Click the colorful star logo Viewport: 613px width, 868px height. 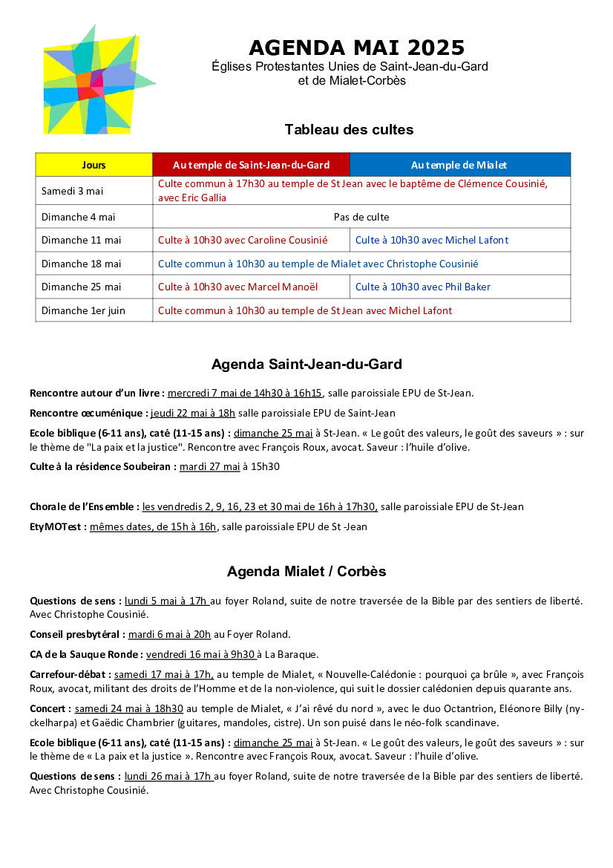(95, 80)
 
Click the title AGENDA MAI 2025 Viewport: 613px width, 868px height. (356, 48)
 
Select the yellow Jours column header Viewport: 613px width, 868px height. (94, 165)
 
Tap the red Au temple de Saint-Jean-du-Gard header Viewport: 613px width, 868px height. (251, 165)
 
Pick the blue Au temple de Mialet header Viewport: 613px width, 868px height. (459, 165)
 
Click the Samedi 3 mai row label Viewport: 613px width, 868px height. (73, 191)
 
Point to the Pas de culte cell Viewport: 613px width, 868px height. (361, 217)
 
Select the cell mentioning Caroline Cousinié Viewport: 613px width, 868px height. (251, 240)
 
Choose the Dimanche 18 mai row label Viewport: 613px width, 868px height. (82, 264)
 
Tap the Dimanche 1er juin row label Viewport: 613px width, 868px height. (84, 310)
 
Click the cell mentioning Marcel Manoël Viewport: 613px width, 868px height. (251, 287)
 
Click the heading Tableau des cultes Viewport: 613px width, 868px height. (349, 130)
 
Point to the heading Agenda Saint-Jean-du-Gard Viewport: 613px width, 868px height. (306, 365)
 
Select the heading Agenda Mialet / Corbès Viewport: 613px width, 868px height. (306, 572)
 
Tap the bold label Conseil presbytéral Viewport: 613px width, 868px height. (76, 634)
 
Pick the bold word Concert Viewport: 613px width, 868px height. (50, 709)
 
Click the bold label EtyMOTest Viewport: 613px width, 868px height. (57, 527)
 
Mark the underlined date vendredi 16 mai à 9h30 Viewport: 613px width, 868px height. (201, 654)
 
